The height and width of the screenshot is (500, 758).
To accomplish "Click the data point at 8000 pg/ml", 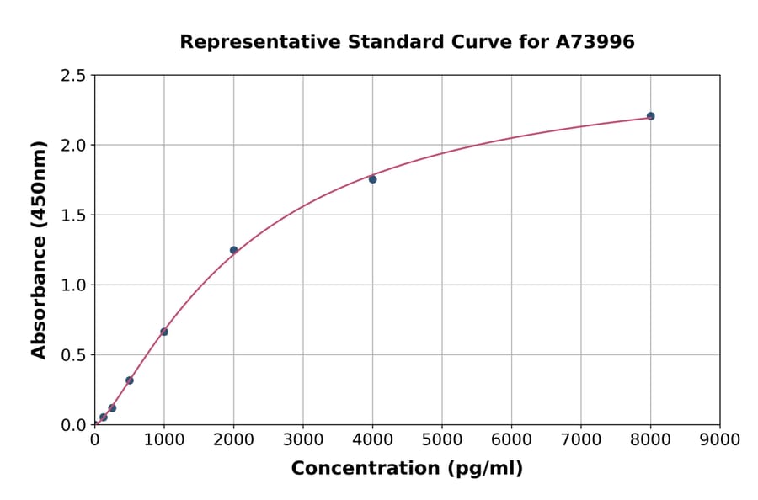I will [650, 116].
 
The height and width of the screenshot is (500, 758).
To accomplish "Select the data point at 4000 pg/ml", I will [372, 179].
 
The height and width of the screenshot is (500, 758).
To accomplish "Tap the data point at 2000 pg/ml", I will [233, 250].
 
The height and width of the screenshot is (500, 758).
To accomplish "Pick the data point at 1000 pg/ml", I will [164, 332].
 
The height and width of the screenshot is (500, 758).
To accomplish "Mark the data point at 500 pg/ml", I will [130, 380].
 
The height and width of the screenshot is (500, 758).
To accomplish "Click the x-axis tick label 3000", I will [303, 439].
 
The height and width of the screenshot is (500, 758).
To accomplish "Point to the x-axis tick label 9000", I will [719, 439].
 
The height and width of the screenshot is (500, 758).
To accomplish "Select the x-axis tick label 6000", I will [511, 439].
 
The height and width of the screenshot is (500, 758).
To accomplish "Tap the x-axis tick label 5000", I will [441, 439].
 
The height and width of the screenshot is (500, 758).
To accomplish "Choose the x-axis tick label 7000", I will [580, 439].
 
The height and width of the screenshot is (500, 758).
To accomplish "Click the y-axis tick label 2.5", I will [72, 76].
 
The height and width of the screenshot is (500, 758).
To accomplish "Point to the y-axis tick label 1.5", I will [72, 215].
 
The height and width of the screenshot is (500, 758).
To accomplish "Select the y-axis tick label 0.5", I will [72, 355].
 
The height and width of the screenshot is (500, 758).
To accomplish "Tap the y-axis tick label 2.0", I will [72, 146].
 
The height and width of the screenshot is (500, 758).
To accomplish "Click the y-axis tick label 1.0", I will [72, 285].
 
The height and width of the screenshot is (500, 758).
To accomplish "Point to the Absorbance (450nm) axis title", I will [39, 250].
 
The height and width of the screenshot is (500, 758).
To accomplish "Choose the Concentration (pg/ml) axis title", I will [407, 469].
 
